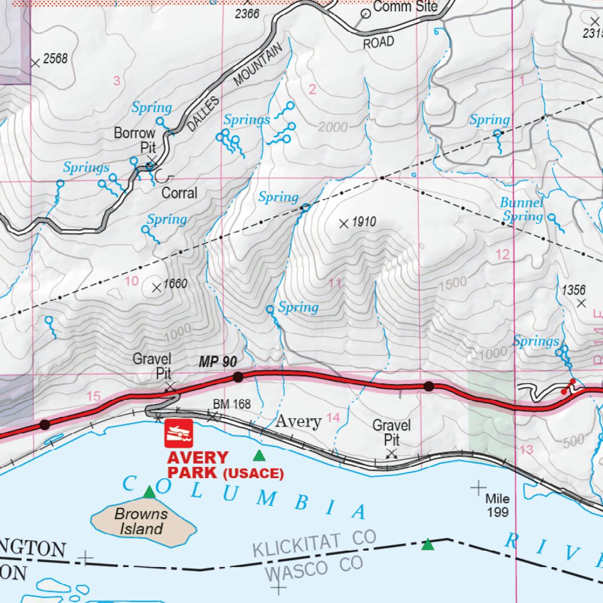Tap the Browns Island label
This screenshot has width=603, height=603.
[141, 521]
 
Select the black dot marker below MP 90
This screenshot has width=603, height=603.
[238, 377]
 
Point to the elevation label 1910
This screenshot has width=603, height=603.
[363, 223]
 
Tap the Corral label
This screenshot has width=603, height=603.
[179, 193]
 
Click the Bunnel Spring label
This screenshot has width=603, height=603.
[522, 210]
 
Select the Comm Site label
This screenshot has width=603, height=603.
[405, 7]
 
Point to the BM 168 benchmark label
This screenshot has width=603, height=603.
[231, 405]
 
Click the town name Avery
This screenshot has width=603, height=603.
[299, 421]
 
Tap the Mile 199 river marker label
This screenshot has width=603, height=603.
[497, 506]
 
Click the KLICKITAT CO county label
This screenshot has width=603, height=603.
[314, 543]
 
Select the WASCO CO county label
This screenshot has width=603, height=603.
[313, 568]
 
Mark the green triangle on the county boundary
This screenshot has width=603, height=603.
[428, 545]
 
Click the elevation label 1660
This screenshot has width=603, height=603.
[175, 284]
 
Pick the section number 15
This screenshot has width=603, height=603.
[94, 396]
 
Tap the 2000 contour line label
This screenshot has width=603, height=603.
[334, 127]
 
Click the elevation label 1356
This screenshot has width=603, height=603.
[574, 290]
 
